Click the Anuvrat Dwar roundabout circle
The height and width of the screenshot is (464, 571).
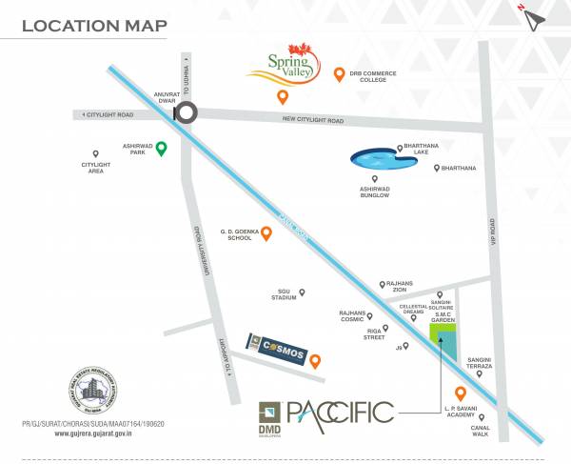click(x=185, y=112)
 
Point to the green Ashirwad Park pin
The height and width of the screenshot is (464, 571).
click(x=162, y=148)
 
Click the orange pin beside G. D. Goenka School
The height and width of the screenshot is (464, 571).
click(x=266, y=232)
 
